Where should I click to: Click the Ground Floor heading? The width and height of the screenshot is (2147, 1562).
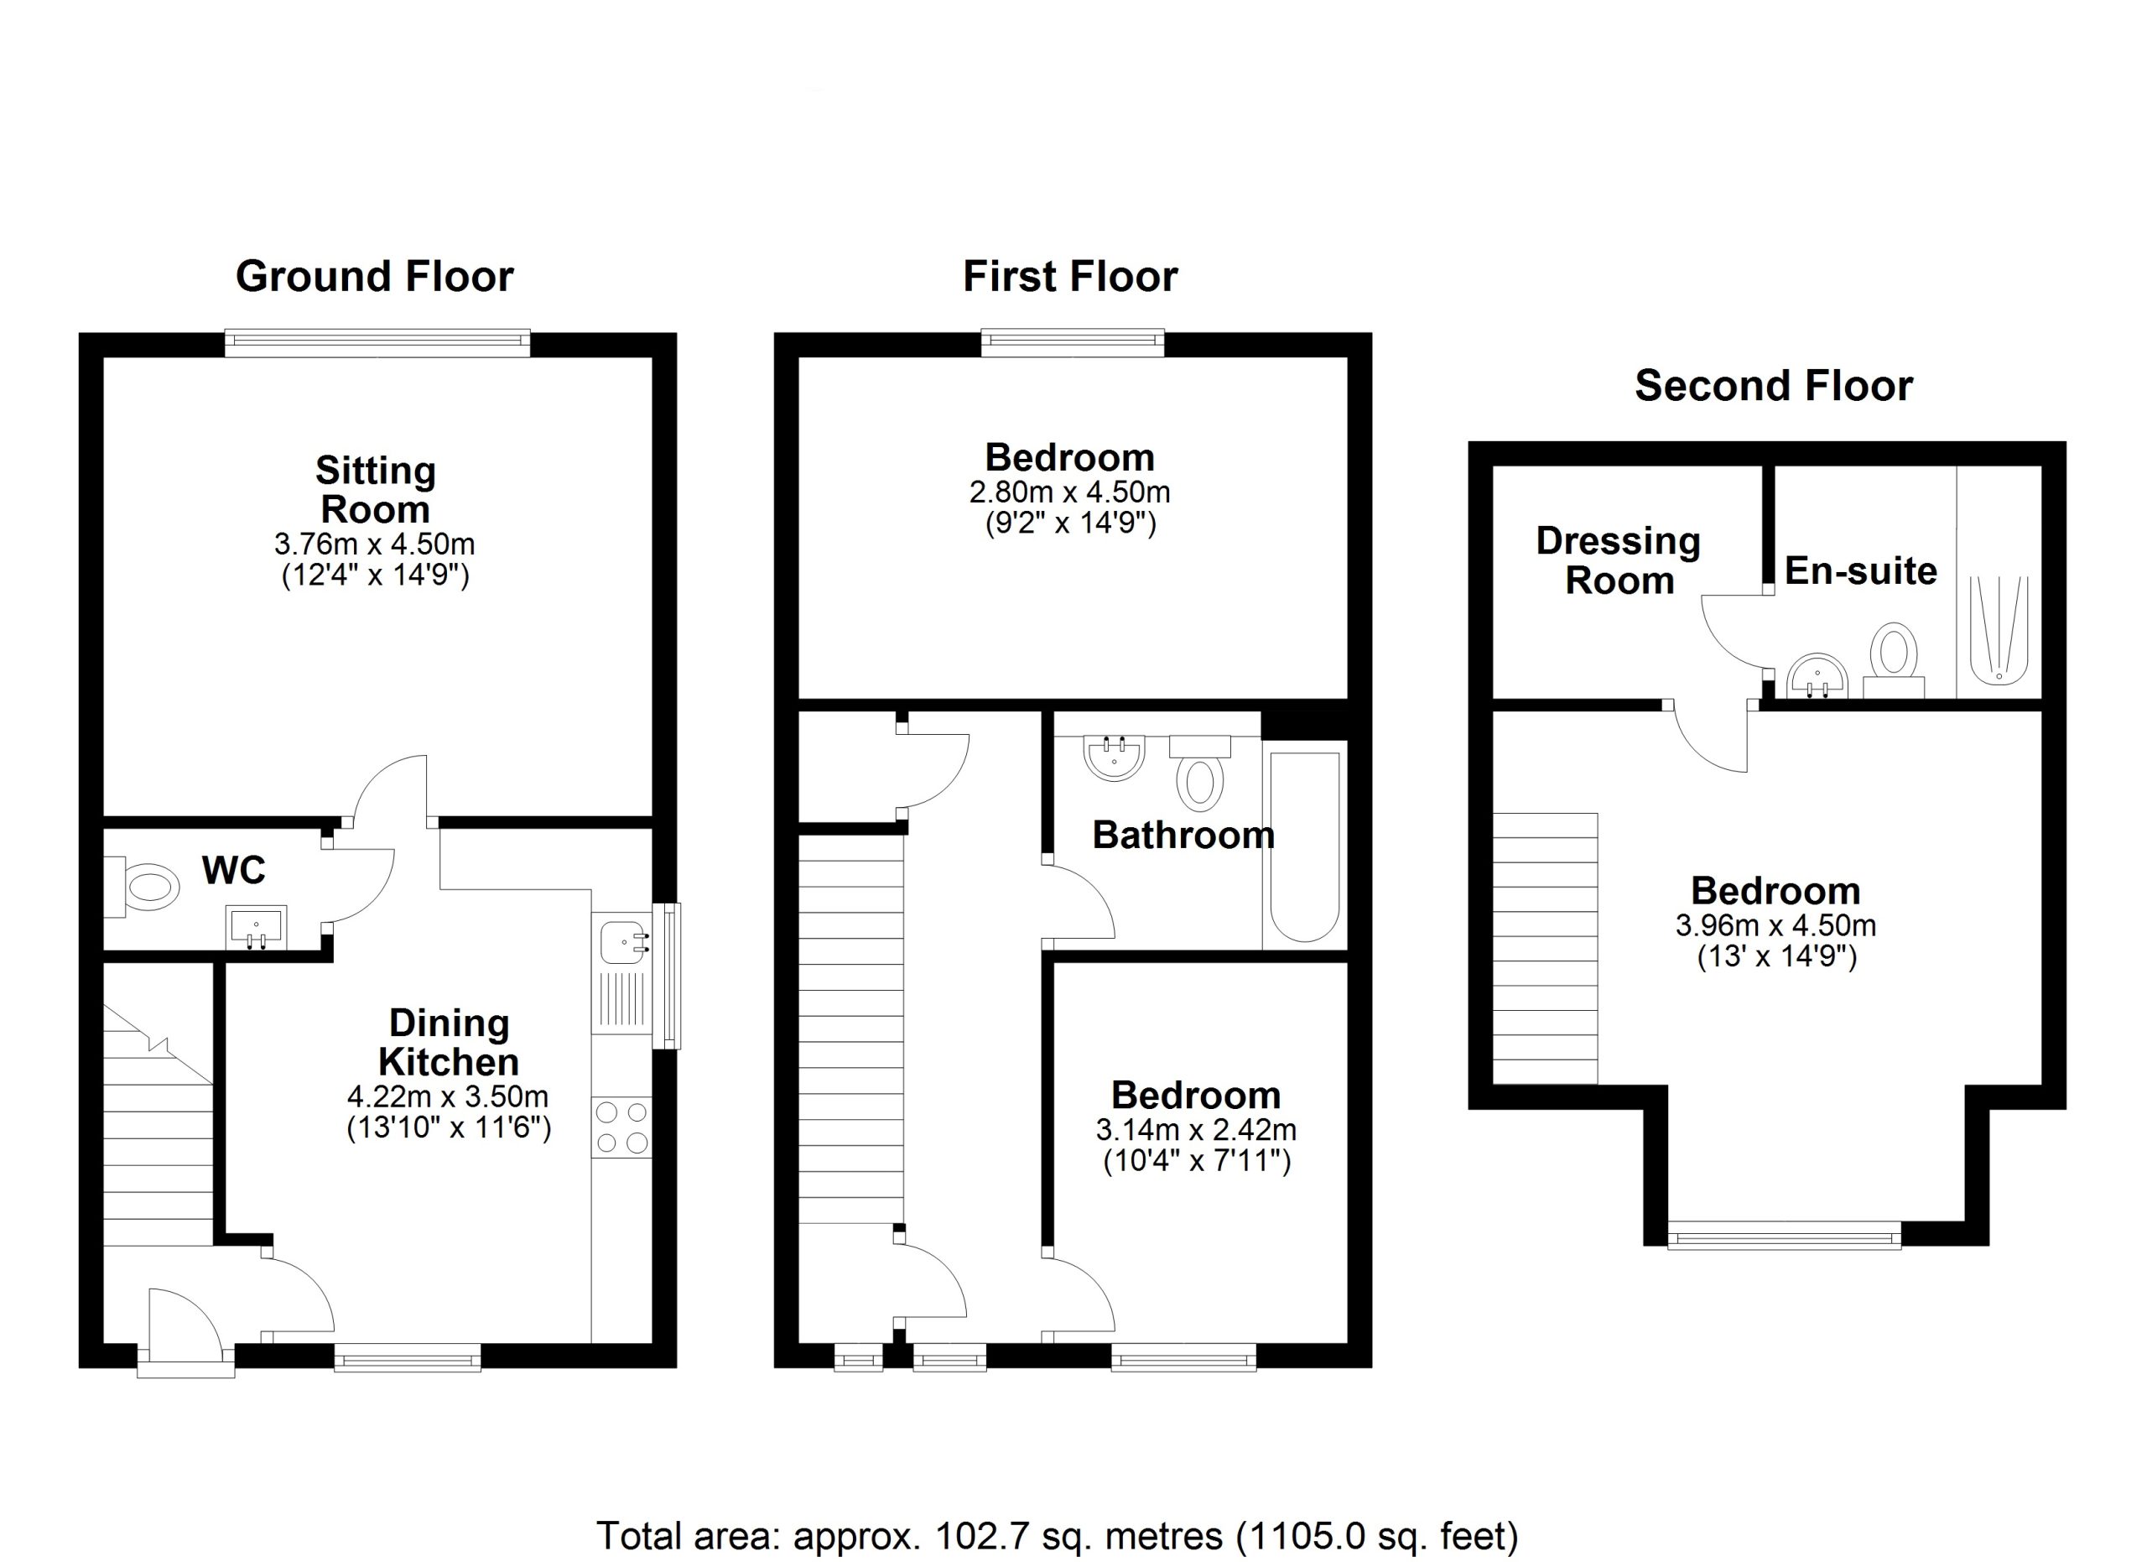(x=374, y=277)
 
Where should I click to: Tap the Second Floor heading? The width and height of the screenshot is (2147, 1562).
(x=1773, y=385)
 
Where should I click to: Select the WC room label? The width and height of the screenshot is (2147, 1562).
(x=234, y=870)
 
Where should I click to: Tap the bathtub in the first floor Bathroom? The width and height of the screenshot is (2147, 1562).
(x=1304, y=847)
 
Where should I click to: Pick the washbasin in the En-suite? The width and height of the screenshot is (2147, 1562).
(x=1817, y=676)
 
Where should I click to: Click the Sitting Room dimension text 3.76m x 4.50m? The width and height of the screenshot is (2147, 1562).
(x=374, y=544)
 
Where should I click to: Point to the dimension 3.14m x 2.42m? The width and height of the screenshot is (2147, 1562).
(x=1196, y=1129)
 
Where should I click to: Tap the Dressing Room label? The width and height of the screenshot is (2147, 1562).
(x=1619, y=560)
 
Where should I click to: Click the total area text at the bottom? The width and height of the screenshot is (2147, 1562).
(x=1057, y=1534)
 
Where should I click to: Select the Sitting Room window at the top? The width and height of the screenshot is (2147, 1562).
(x=377, y=343)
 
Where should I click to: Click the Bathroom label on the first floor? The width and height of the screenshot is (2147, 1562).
(x=1183, y=835)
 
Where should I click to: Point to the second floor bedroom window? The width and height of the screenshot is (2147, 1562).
(x=1785, y=1236)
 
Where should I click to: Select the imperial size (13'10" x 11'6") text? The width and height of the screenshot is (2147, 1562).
(x=449, y=1127)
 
